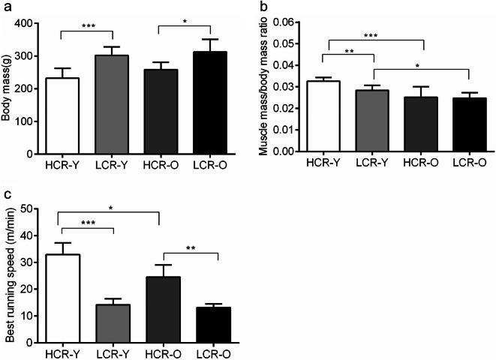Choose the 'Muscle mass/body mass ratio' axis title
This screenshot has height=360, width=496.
pos(263,86)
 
